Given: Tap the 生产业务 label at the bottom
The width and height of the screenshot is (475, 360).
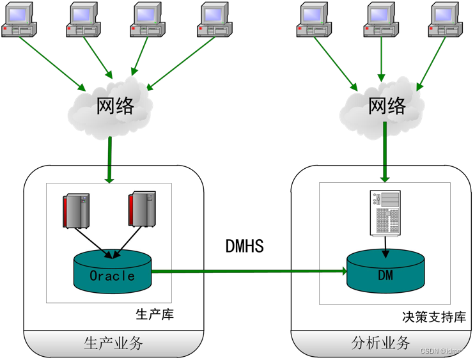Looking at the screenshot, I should [x=113, y=343].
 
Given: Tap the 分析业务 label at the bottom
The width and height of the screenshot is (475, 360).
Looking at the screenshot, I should [x=381, y=343].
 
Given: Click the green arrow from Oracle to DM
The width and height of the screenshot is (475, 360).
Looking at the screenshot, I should [x=249, y=271].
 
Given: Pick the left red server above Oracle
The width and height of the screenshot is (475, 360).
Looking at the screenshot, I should [x=75, y=210].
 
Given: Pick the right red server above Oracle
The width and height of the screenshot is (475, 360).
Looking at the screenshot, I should [x=142, y=209].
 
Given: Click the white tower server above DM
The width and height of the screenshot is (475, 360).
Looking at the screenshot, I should [x=385, y=213].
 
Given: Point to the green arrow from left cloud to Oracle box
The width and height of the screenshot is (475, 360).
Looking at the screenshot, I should [x=110, y=160].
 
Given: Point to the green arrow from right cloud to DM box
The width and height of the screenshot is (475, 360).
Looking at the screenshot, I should [x=385, y=153].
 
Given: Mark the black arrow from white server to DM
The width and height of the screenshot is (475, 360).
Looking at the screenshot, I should [x=385, y=244].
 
